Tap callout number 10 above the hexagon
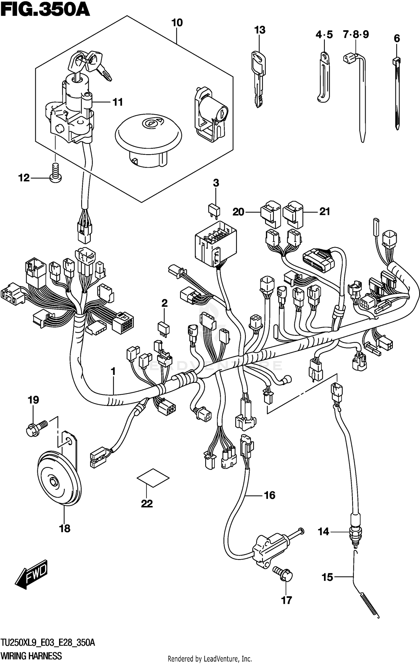pos(177,23)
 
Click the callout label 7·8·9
pos(356,35)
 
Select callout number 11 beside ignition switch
pos(118,102)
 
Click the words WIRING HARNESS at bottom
pos(31,656)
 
